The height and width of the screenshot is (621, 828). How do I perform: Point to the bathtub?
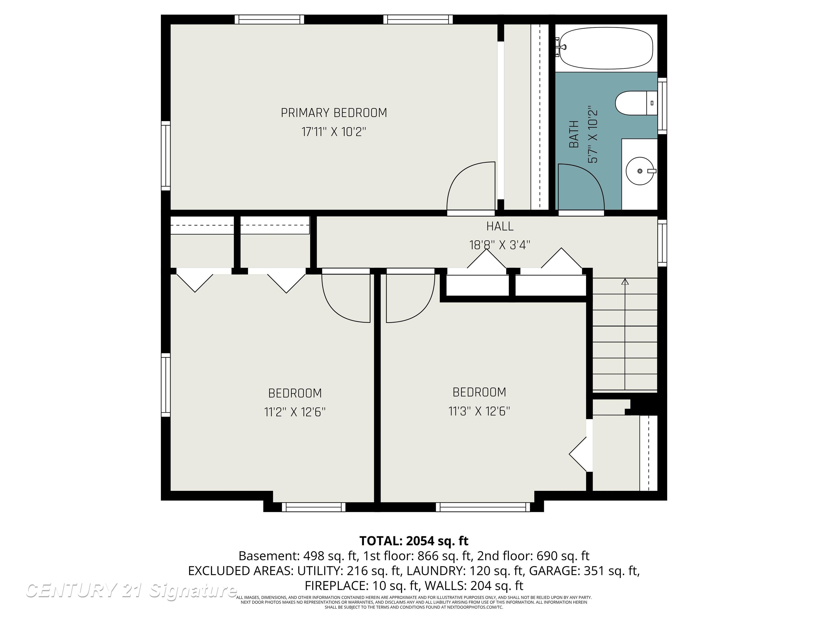tap(606, 48)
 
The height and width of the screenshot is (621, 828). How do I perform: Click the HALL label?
tap(499, 226)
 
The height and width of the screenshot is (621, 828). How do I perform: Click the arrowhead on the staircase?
tap(625, 281)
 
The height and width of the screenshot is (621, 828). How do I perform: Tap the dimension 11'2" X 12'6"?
tap(295, 412)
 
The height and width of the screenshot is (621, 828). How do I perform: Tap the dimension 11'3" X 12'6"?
tap(479, 411)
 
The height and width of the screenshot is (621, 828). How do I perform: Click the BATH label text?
tap(574, 134)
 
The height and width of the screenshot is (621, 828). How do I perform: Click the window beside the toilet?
tap(662, 106)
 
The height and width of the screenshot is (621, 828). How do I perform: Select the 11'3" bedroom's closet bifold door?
tap(578, 454)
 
